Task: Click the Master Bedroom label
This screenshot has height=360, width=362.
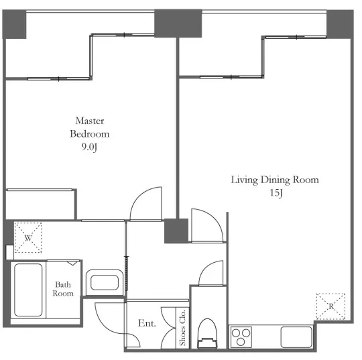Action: [90, 127]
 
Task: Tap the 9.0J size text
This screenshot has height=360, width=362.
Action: [89, 147]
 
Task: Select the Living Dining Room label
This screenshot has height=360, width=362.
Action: [275, 180]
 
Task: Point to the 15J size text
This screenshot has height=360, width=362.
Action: [276, 193]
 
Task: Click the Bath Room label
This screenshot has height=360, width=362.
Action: [63, 289]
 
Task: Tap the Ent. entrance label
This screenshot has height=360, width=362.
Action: [147, 323]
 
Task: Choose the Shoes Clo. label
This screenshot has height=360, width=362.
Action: [182, 328]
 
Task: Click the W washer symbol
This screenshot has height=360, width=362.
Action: [28, 237]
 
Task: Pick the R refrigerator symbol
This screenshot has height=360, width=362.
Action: [331, 306]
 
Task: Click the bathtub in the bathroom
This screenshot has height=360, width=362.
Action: [28, 290]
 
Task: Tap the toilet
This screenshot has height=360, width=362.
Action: [207, 333]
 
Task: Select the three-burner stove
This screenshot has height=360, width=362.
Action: [241, 337]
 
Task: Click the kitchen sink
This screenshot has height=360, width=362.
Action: [296, 337]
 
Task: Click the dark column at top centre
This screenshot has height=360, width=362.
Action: [178, 23]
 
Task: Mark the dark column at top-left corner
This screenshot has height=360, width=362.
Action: [14, 24]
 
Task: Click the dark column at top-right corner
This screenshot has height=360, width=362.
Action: [340, 24]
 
